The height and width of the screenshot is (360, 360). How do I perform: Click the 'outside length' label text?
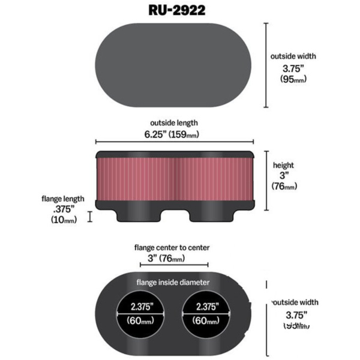point(173,123)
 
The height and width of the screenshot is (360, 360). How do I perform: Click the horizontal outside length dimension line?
point(174,143)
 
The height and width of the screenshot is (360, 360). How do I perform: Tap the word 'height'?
point(283,165)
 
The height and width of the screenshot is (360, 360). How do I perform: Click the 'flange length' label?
point(63,199)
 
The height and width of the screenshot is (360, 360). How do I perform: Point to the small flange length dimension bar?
point(90,217)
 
